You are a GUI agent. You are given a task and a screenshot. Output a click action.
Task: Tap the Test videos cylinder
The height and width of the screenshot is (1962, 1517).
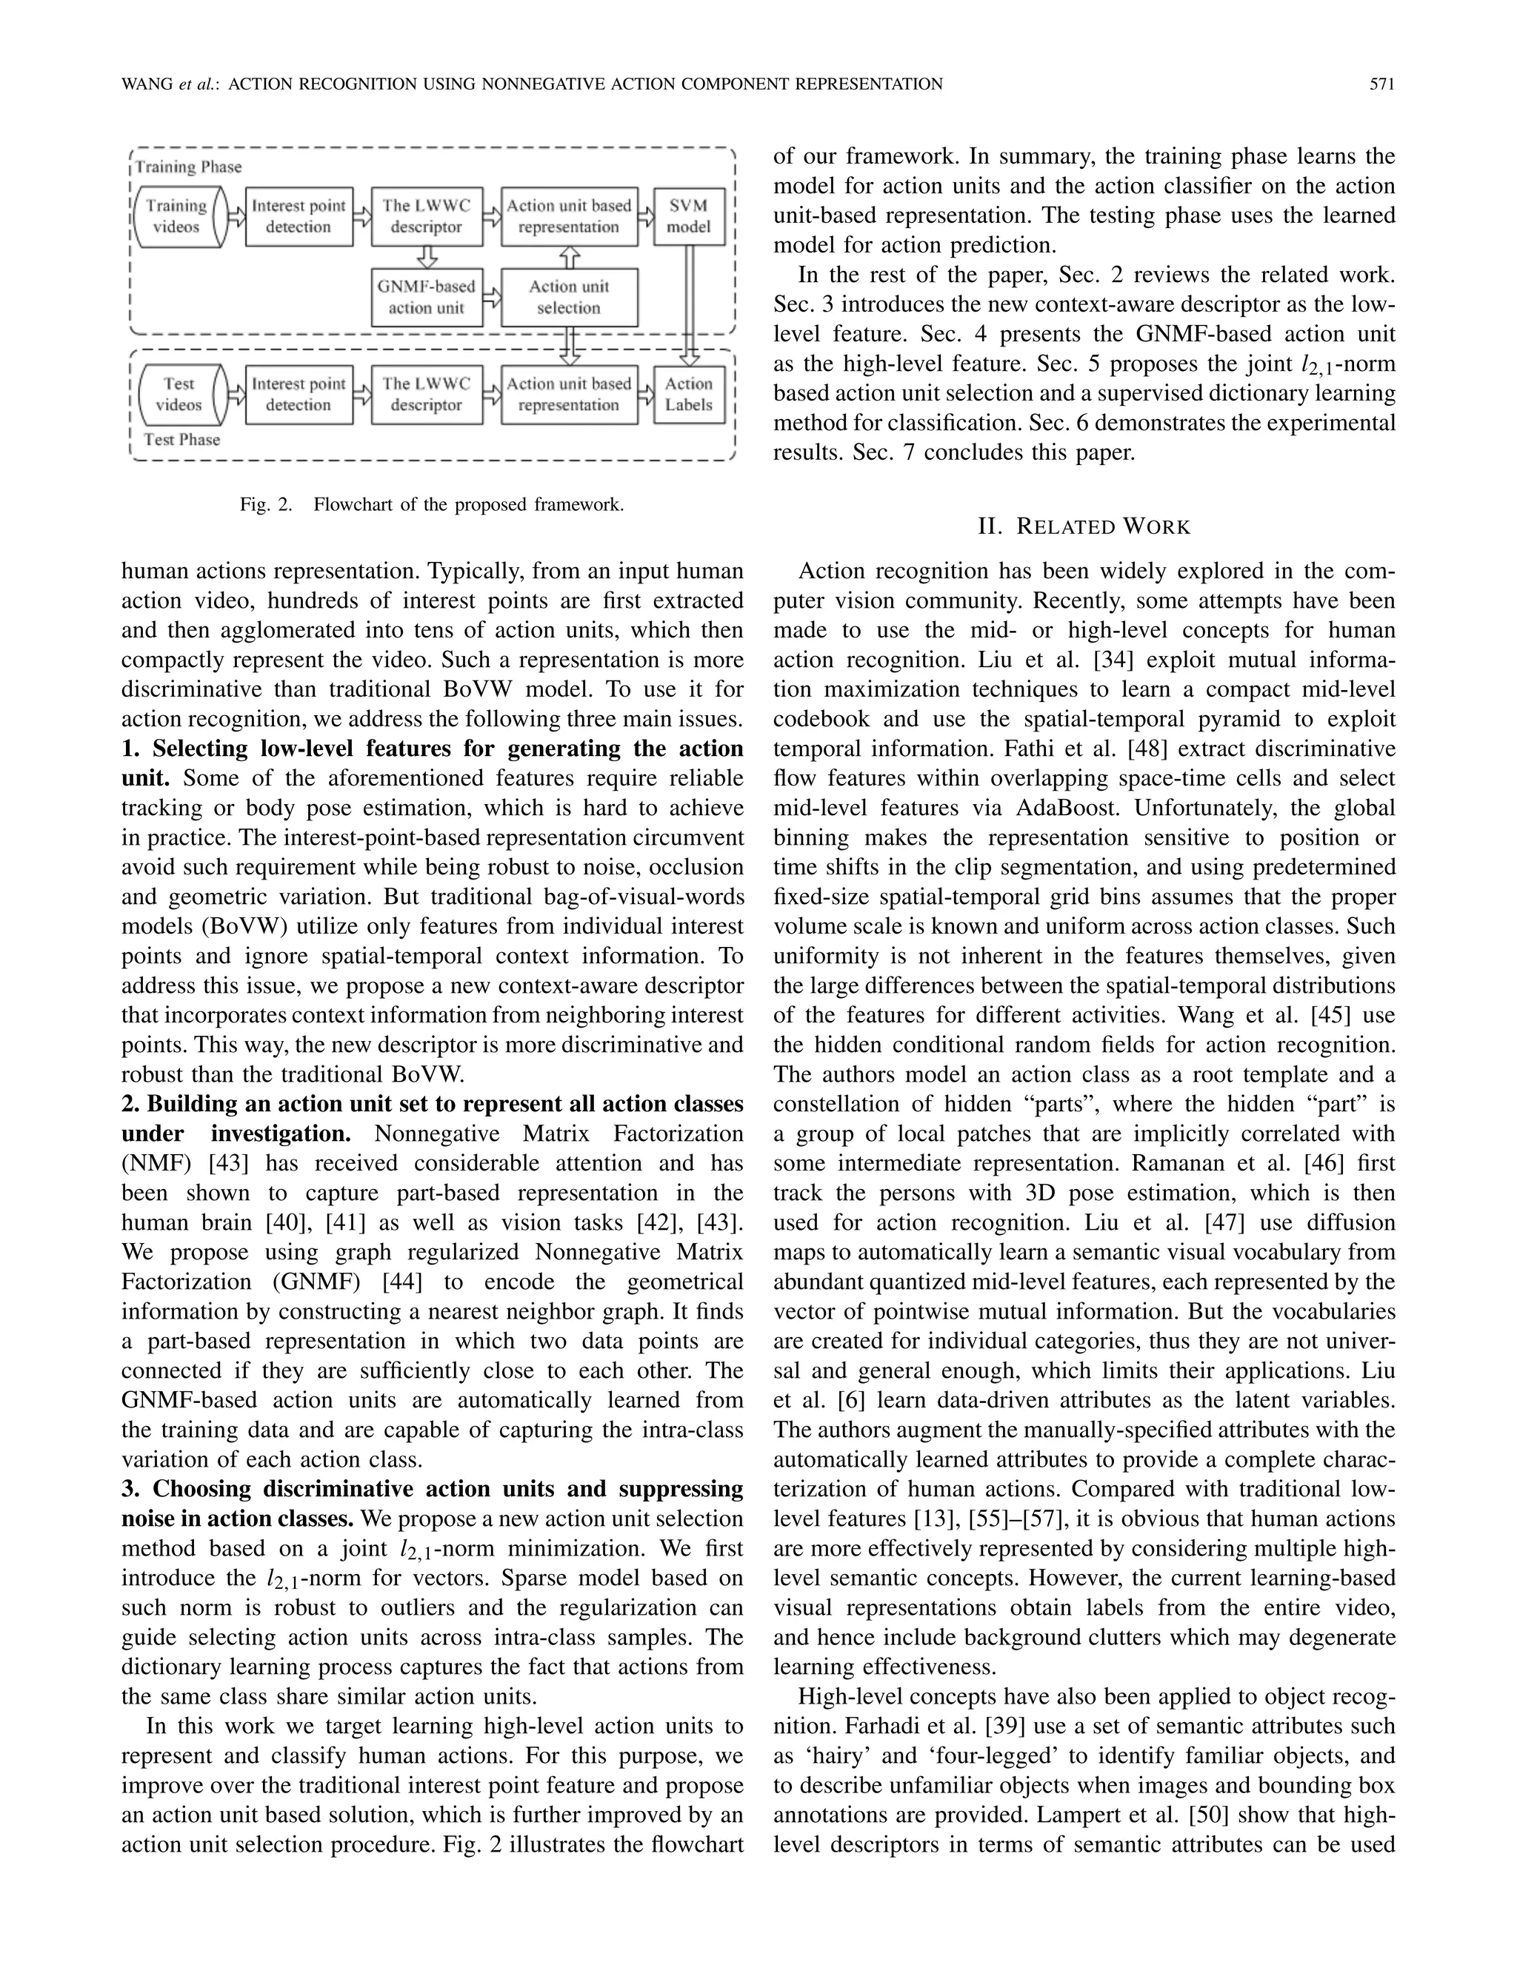179,395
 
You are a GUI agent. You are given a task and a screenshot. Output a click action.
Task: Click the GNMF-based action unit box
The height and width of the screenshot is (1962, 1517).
426,298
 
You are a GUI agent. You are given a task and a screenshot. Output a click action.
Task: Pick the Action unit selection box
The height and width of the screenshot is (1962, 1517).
569,298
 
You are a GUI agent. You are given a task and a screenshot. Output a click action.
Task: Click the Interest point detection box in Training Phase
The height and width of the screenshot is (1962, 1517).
299,216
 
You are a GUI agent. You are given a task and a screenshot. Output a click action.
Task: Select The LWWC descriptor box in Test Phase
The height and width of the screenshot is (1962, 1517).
426,395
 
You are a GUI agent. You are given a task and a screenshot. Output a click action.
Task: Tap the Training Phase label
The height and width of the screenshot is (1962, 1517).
189,167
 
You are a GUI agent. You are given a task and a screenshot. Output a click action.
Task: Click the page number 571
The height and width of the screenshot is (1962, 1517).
1381,84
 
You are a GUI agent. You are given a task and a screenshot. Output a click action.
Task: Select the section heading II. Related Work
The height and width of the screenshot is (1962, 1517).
1083,527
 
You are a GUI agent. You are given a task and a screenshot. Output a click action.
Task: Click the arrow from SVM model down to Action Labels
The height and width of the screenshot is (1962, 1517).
690,306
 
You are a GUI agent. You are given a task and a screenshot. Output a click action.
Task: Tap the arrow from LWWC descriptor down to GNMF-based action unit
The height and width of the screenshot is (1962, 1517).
427,258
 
